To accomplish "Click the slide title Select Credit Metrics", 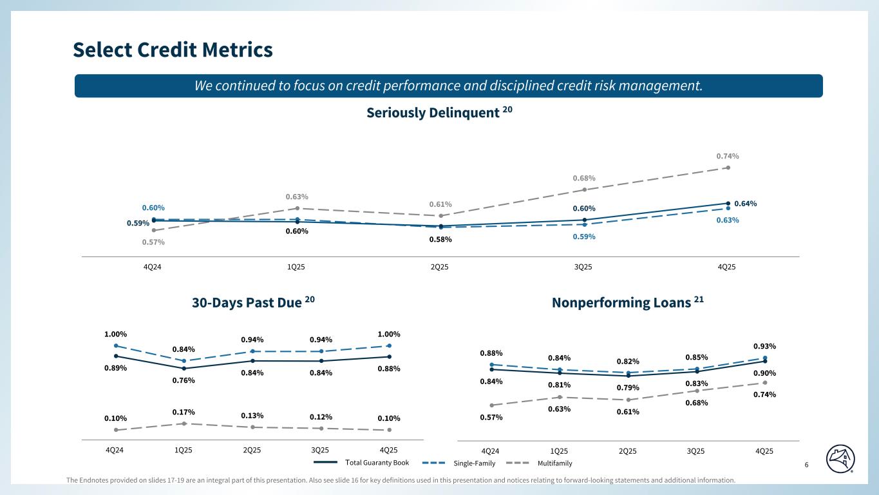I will tap(173, 50).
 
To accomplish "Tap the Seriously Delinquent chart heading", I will tap(439, 113).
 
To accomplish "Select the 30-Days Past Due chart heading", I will tap(253, 302).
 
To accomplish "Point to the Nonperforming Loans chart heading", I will tap(627, 303).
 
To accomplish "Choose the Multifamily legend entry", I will tap(554, 463).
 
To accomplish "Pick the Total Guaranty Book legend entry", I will tap(377, 463).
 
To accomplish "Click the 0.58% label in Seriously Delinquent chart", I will tap(440, 240).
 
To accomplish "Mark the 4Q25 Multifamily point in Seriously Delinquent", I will tap(728, 168).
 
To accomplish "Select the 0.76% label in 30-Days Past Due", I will tap(184, 380).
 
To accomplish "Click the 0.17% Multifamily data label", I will tap(184, 412).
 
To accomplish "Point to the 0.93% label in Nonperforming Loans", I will tap(764, 346).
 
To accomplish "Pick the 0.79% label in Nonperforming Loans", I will tap(628, 387).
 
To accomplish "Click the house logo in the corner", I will tap(841, 458).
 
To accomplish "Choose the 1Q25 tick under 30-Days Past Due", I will tap(184, 450).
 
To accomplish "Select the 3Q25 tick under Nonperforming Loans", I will tap(695, 451).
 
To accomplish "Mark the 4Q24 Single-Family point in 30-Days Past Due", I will tap(115, 346).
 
